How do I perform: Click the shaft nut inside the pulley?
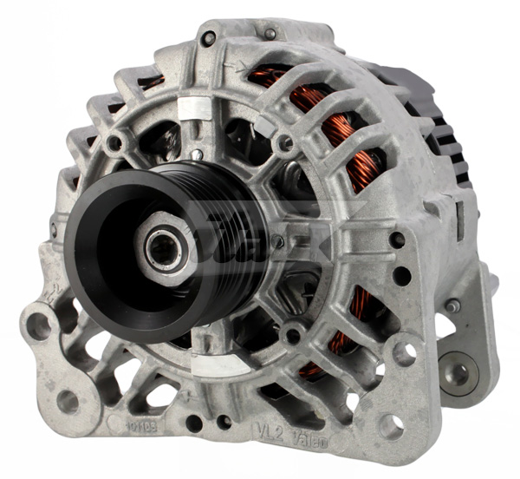[163, 250]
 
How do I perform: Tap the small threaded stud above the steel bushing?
[452, 305]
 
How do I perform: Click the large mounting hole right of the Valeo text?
[392, 424]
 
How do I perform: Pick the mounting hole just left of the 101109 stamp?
[67, 400]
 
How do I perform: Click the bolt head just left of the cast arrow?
[208, 38]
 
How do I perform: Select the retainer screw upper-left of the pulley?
[114, 142]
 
